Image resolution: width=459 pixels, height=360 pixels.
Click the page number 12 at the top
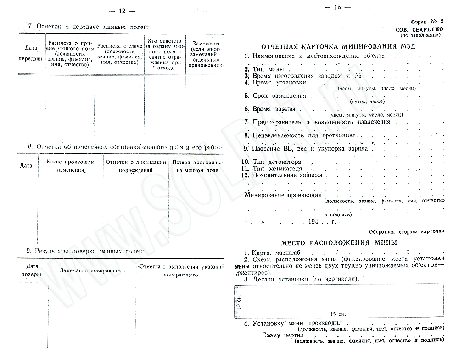[x=122, y=10]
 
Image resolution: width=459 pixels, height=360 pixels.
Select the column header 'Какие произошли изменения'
[x=71, y=166]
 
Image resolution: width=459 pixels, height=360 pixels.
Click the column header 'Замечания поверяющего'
[x=93, y=270]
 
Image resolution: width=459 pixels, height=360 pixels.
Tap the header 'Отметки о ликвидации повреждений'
[x=135, y=166]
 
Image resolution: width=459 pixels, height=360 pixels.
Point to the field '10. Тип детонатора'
[x=273, y=162]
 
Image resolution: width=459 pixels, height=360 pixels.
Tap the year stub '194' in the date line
[x=313, y=221]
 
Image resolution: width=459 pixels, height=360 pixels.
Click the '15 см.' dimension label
[x=338, y=314]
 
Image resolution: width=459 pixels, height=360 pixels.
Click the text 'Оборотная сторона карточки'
[x=406, y=231]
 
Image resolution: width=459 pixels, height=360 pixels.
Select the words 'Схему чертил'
[x=277, y=335]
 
